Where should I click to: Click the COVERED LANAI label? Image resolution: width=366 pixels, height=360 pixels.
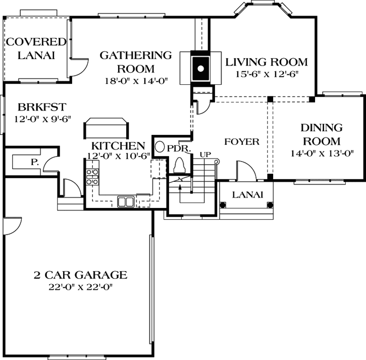pyautogui.click(x=36, y=48)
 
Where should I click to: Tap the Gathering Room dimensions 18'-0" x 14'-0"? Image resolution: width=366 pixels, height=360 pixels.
pyautogui.click(x=135, y=80)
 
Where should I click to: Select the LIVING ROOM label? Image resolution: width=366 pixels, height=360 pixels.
pyautogui.click(x=266, y=62)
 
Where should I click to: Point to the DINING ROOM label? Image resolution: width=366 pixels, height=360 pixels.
pyautogui.click(x=322, y=134)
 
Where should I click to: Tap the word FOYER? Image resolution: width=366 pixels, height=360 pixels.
pyautogui.click(x=241, y=142)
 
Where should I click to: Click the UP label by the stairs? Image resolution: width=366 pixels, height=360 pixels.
pyautogui.click(x=205, y=155)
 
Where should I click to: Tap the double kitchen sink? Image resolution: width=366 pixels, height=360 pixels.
pyautogui.click(x=126, y=201)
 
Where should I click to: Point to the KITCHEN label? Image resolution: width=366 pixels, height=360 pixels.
pyautogui.click(x=118, y=146)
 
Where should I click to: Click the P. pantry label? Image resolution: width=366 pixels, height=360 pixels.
pyautogui.click(x=35, y=162)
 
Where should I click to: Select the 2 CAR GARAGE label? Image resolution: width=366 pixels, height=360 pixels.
pyautogui.click(x=80, y=275)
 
